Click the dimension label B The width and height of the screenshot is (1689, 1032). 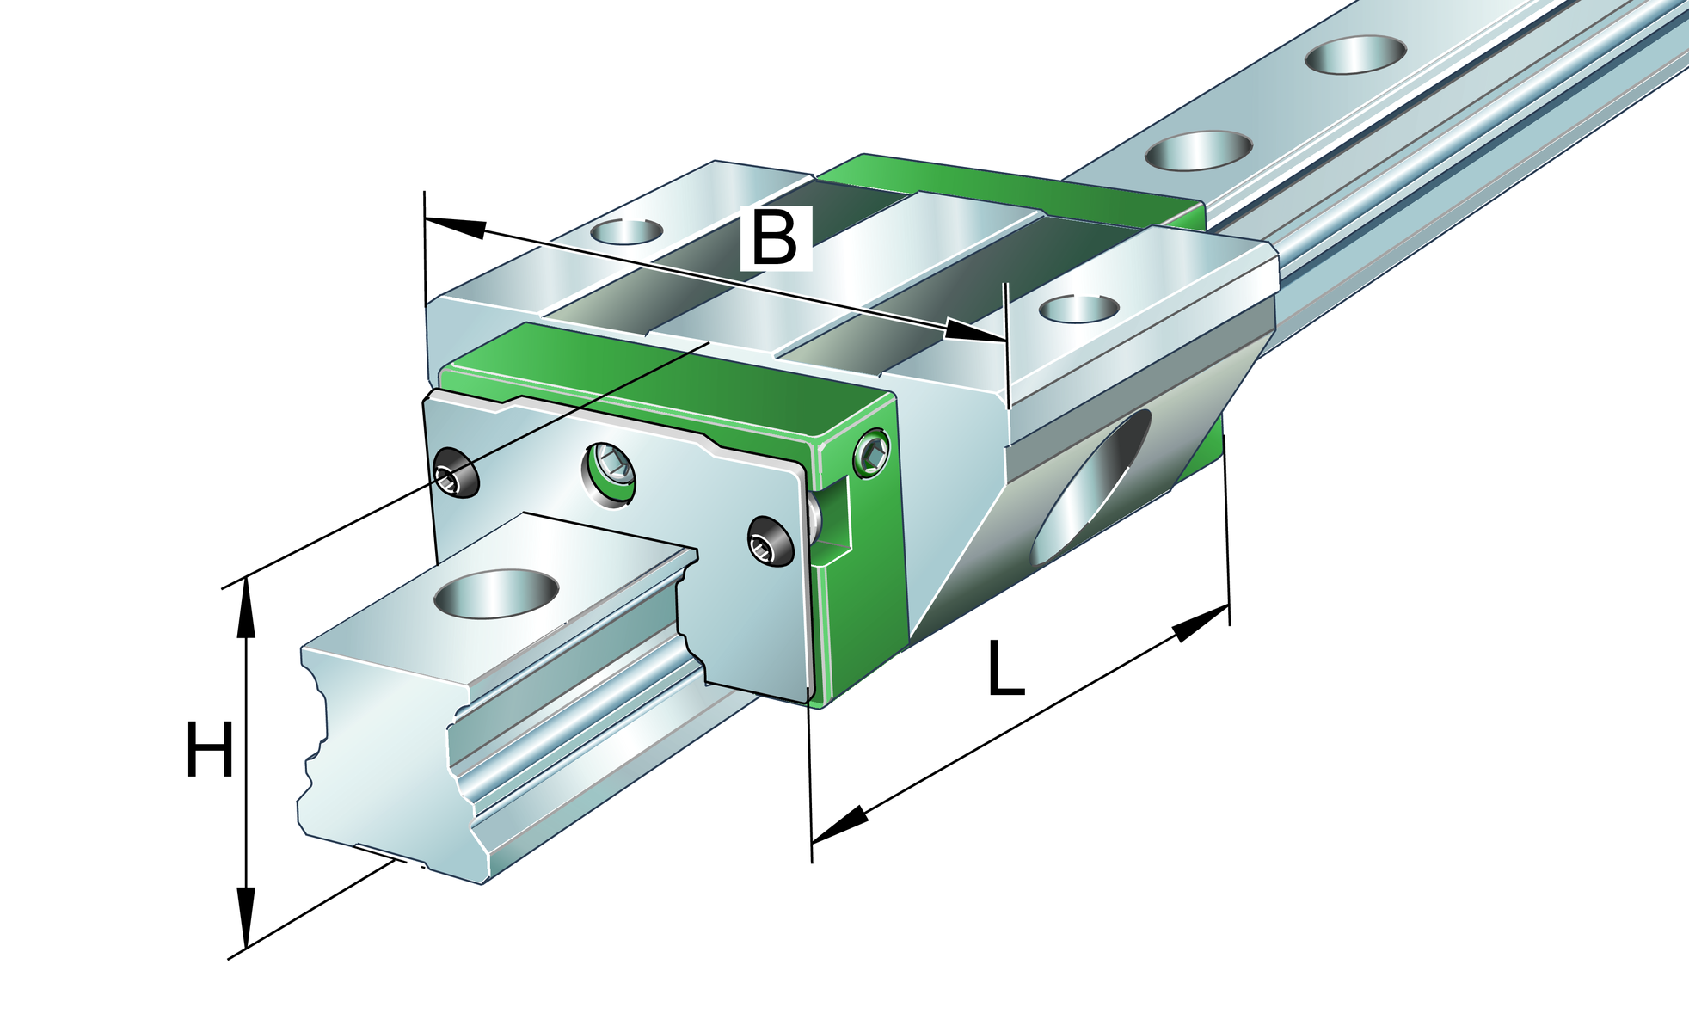point(775,238)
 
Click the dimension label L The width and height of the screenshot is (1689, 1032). point(1005,668)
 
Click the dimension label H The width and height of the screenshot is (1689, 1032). point(209,751)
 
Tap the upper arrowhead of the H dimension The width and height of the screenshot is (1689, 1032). point(247,606)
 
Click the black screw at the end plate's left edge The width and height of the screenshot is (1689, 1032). point(455,474)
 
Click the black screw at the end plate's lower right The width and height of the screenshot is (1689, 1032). point(770,541)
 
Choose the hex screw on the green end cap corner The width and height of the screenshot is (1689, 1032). point(873,453)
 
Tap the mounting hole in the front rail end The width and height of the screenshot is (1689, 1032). point(497,593)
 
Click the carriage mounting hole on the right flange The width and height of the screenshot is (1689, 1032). point(1078,308)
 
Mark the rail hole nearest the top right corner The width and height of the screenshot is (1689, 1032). point(1355,54)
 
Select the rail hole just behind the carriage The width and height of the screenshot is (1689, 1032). point(1199,150)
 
